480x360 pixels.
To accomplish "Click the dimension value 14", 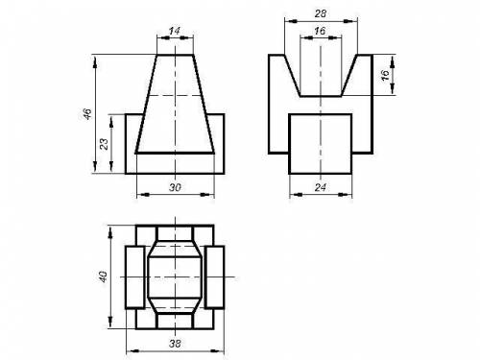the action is [x=175, y=31].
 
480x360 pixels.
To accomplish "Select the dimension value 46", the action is [x=87, y=114].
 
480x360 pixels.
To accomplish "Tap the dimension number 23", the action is [x=105, y=144].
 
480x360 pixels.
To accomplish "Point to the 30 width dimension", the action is [x=175, y=187].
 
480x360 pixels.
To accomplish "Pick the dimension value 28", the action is [x=321, y=13].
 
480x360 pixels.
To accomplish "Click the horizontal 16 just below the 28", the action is [x=320, y=31].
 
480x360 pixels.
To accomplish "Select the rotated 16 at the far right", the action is [x=386, y=75].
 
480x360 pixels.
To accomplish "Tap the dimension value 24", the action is [x=321, y=187].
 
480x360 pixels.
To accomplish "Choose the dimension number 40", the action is [x=103, y=276].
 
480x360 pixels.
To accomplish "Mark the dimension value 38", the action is [x=175, y=344].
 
